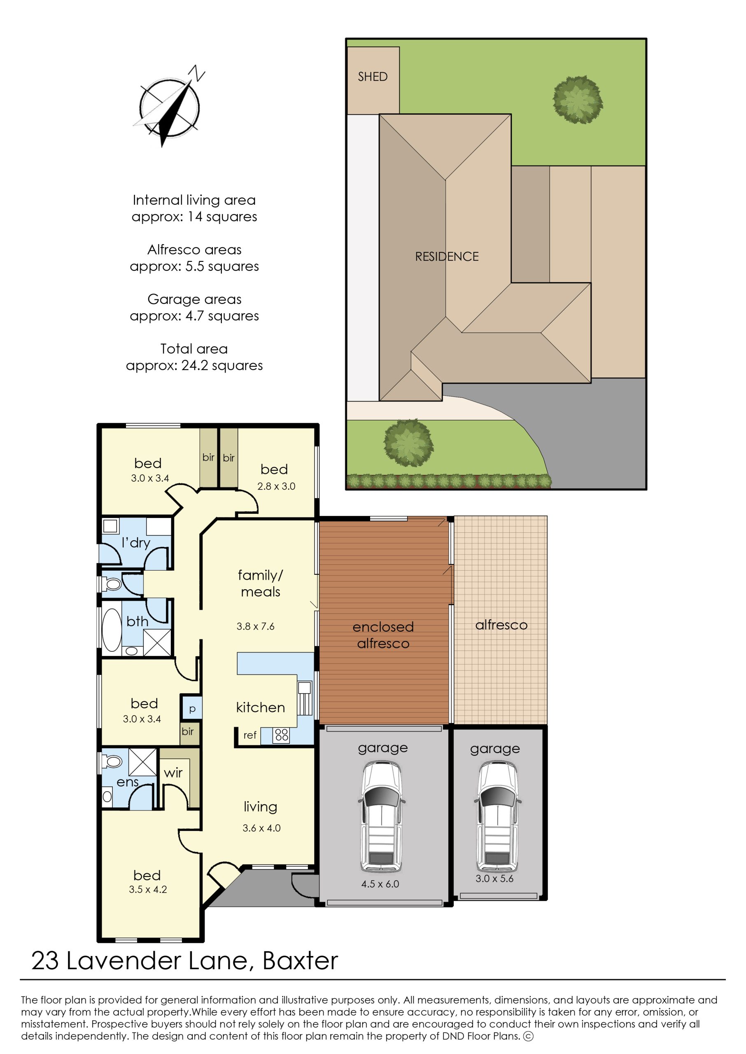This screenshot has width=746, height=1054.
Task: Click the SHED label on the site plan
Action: coord(373,77)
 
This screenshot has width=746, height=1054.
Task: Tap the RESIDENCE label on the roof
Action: coord(447,257)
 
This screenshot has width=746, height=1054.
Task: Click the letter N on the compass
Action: coord(197,73)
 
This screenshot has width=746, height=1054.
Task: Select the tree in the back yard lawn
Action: coord(578,100)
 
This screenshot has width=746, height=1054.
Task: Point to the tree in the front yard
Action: coord(408,443)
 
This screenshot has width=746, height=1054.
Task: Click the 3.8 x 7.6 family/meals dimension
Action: coord(255,626)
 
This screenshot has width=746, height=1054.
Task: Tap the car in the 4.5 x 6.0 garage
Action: coord(382,817)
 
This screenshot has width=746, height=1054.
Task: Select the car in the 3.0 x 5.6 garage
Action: coord(497,816)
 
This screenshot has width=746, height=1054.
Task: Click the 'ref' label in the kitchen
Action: coord(250,735)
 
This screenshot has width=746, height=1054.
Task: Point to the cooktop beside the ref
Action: coord(281,735)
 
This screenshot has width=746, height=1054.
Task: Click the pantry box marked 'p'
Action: coord(192,708)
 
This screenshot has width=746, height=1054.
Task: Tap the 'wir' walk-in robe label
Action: coord(173,773)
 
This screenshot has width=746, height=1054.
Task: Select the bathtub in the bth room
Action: coord(112,630)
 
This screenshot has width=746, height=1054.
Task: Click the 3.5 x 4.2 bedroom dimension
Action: coord(148,890)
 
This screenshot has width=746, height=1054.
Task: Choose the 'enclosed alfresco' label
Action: coord(383,635)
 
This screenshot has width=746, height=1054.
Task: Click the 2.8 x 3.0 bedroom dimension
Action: coord(276,486)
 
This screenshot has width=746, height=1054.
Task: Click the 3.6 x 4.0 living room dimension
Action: coord(261,828)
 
